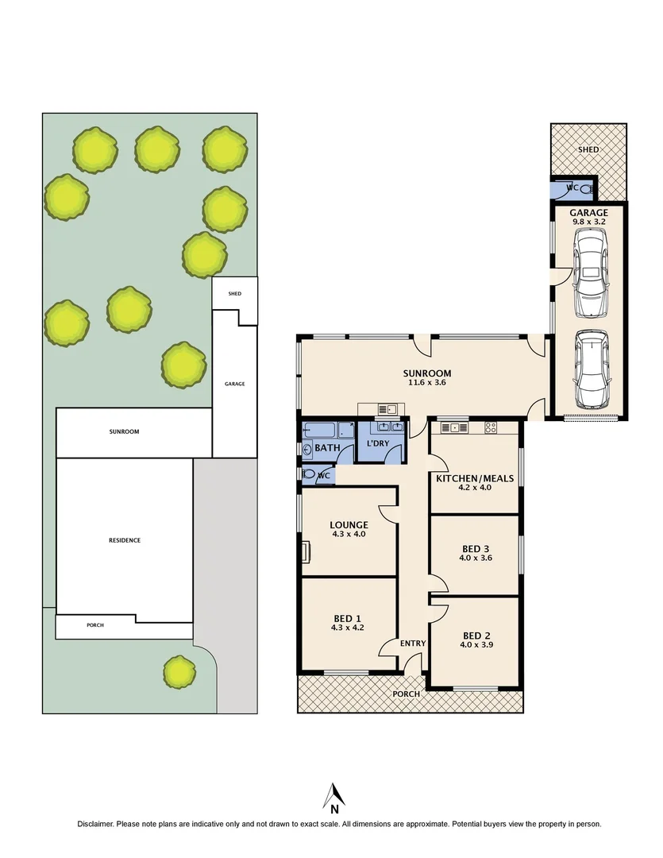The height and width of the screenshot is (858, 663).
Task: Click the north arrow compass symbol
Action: (334, 797)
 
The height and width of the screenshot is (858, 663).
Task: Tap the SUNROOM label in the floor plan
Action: (426, 373)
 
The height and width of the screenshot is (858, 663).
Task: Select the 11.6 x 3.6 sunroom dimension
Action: (426, 384)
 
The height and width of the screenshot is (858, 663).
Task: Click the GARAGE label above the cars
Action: (588, 213)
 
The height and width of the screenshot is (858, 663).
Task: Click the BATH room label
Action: (327, 449)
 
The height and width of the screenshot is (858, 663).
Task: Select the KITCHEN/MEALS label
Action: (475, 478)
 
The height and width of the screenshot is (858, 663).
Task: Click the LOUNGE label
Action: (349, 524)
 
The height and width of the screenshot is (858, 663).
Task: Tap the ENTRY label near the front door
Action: (413, 643)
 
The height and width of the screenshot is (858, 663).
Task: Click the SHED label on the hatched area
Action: (588, 149)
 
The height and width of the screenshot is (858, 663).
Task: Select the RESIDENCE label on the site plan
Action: (125, 540)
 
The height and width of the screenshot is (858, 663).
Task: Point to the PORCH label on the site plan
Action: (95, 625)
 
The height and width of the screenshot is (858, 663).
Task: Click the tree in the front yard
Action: (179, 672)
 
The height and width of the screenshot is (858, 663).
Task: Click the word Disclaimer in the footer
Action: (95, 824)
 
